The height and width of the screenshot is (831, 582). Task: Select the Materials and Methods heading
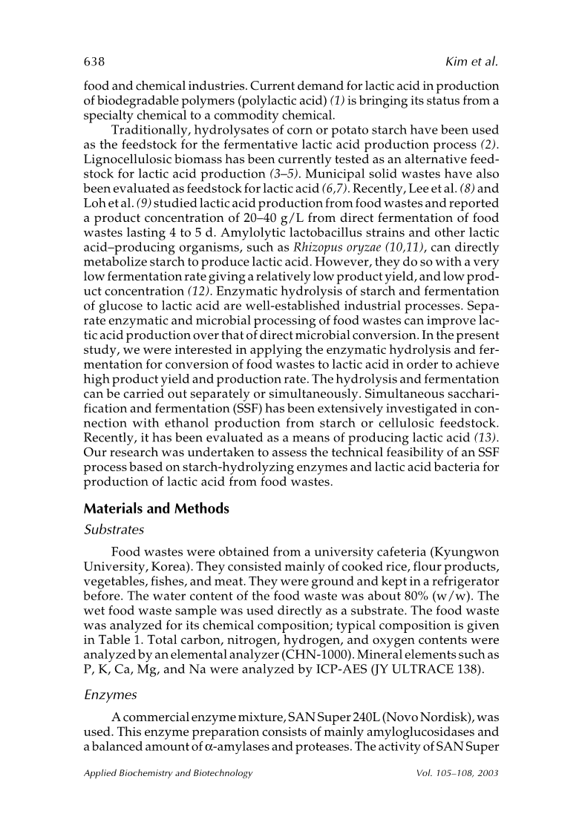(x=156, y=509)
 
